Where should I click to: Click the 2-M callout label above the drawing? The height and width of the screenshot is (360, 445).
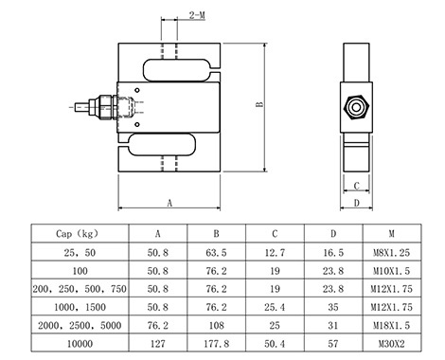point(197,15)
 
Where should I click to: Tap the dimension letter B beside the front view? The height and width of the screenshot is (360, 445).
point(259,104)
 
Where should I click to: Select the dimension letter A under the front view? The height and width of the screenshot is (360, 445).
point(169,203)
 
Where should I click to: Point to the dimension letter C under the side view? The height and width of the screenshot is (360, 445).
point(357,186)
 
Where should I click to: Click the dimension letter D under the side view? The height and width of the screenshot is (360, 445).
point(357,203)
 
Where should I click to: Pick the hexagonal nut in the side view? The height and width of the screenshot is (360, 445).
point(356,107)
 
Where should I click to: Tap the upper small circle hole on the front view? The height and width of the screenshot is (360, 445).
point(137,90)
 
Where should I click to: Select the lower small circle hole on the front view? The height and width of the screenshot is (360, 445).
point(137,125)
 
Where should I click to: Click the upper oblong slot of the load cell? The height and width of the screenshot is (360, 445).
point(177,70)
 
